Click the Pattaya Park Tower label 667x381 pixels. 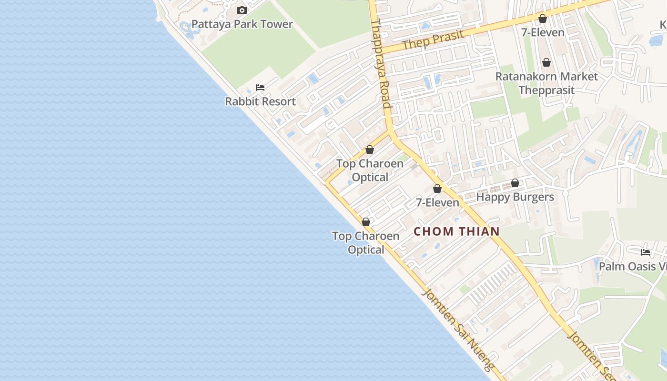point(242,24)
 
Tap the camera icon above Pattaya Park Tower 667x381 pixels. point(242,10)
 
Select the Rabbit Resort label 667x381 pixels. point(260,101)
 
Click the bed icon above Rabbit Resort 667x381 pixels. point(260,88)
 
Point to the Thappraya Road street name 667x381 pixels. point(381,64)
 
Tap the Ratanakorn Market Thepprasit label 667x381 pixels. point(546,83)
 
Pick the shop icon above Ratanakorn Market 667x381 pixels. point(546,62)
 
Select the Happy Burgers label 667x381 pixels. point(515,197)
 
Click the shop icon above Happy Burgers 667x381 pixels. point(515,183)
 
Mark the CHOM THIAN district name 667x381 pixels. point(456,231)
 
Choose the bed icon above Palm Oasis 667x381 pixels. point(646,252)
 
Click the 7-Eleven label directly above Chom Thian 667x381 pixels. point(437,202)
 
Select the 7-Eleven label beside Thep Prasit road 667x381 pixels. point(543,32)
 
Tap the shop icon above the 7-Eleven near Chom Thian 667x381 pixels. point(437,189)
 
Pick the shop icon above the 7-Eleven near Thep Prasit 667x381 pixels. point(543,19)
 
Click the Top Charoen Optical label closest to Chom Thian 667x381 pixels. point(365,243)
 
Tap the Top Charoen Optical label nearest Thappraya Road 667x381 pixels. point(370,170)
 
